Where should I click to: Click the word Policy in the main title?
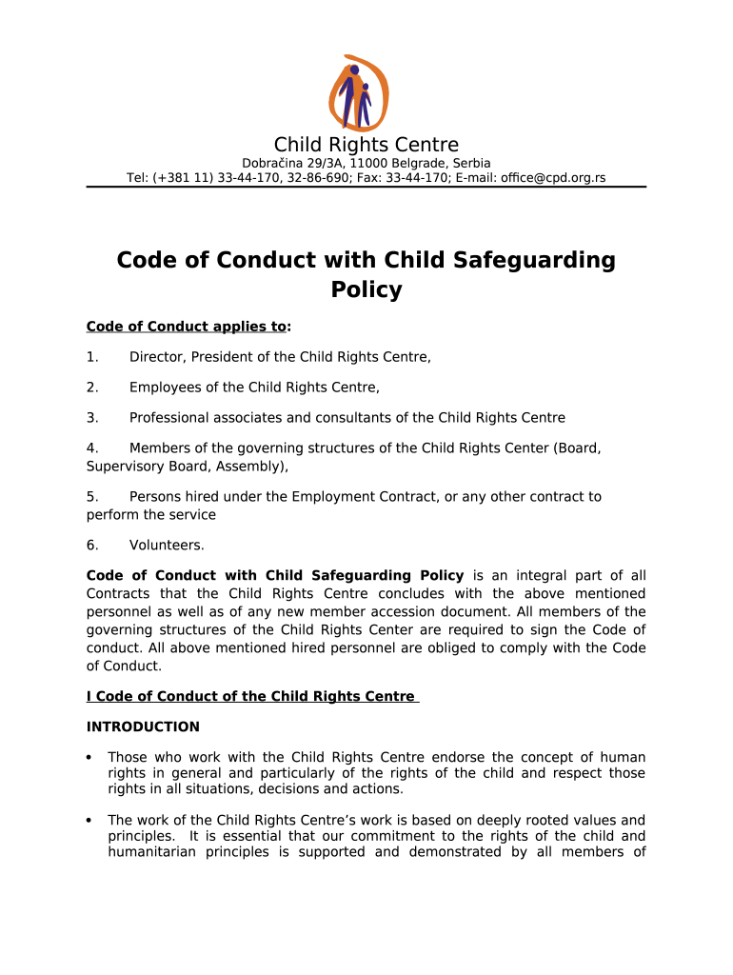point(366,290)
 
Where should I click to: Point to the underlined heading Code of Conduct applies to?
point(187,327)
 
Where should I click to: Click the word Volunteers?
point(167,546)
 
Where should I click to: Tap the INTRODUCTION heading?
point(143,727)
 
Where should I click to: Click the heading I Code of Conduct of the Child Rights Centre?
point(250,697)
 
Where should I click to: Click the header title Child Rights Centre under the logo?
point(366,145)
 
